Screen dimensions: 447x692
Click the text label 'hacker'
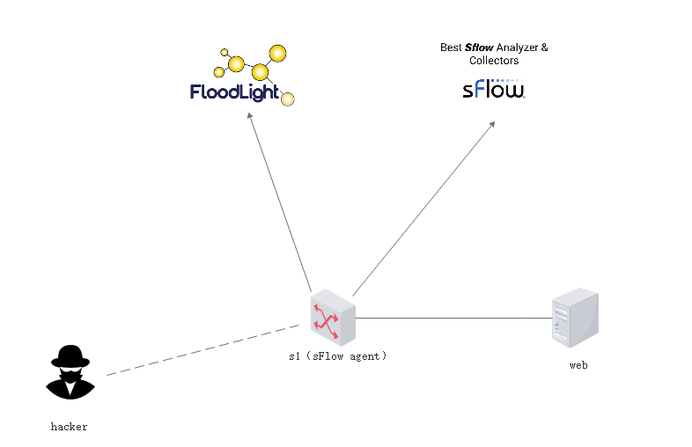(x=69, y=427)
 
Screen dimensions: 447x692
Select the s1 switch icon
(x=332, y=318)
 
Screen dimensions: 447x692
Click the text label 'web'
(x=578, y=364)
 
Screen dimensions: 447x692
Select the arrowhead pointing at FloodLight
(x=251, y=117)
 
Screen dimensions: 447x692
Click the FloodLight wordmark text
(x=234, y=92)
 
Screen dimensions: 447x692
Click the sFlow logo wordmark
(x=494, y=90)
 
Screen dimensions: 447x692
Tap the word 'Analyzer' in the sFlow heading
(x=517, y=48)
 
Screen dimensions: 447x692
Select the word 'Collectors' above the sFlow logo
(x=494, y=61)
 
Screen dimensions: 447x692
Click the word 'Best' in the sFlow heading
(x=451, y=48)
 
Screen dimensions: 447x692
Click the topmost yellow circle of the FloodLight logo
(x=277, y=54)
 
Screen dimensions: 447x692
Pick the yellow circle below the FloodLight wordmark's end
(x=287, y=99)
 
